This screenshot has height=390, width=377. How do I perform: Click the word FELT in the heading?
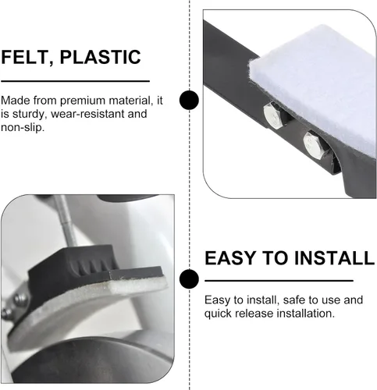pyautogui.click(x=25, y=57)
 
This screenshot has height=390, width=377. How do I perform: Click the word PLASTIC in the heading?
pyautogui.click(x=101, y=57)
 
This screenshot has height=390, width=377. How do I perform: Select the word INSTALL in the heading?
pyautogui.click(x=335, y=258)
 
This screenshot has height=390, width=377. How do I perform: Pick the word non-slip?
pyautogui.click(x=23, y=127)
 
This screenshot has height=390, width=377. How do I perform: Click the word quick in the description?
pyautogui.click(x=218, y=314)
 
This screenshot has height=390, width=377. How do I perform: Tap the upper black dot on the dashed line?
pyautogui.click(x=190, y=100)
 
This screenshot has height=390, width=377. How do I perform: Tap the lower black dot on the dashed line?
pyautogui.click(x=190, y=279)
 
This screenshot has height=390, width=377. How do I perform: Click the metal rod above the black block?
pyautogui.click(x=66, y=221)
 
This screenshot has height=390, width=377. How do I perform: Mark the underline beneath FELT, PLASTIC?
pyautogui.click(x=75, y=81)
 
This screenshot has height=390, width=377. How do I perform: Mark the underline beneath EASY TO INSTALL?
pyautogui.click(x=279, y=281)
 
